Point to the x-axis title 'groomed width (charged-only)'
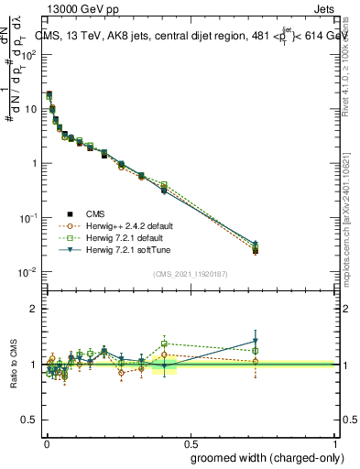[x=264, y=457]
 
